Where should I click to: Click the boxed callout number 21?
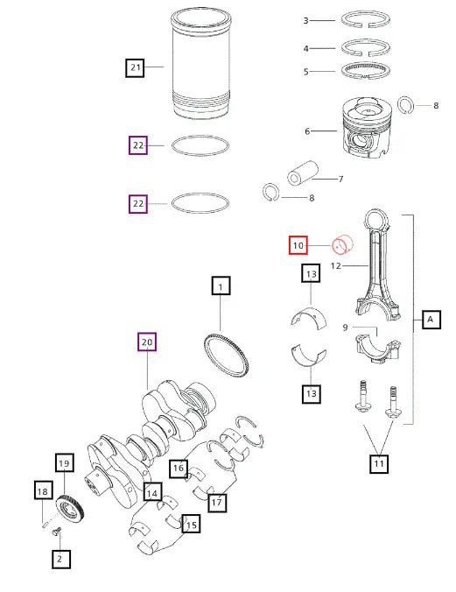134,67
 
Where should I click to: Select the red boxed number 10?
298,246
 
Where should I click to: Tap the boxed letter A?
431,320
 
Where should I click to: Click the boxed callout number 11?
377,464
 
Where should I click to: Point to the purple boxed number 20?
147,342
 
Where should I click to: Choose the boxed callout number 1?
221,286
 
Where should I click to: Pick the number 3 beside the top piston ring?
305,20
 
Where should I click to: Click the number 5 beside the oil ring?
305,72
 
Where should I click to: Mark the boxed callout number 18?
43,492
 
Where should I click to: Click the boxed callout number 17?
216,502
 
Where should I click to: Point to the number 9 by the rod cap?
346,328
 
